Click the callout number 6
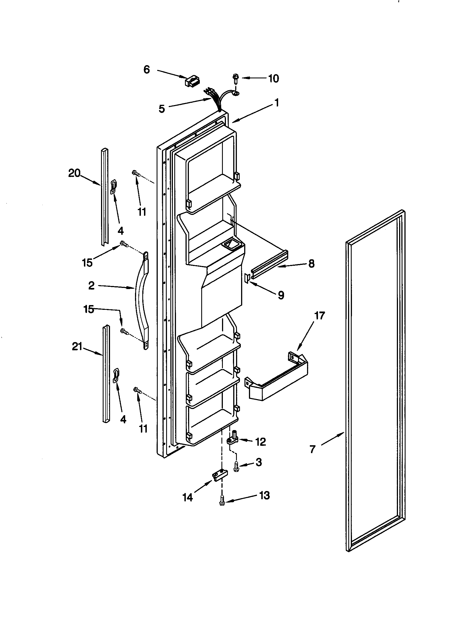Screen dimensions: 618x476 147,69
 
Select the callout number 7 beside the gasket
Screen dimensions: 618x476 312,449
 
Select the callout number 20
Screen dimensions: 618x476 74,173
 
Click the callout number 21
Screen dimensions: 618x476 77,346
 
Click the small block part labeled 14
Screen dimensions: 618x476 220,476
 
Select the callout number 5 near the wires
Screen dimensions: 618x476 161,109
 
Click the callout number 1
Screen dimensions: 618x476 277,103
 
